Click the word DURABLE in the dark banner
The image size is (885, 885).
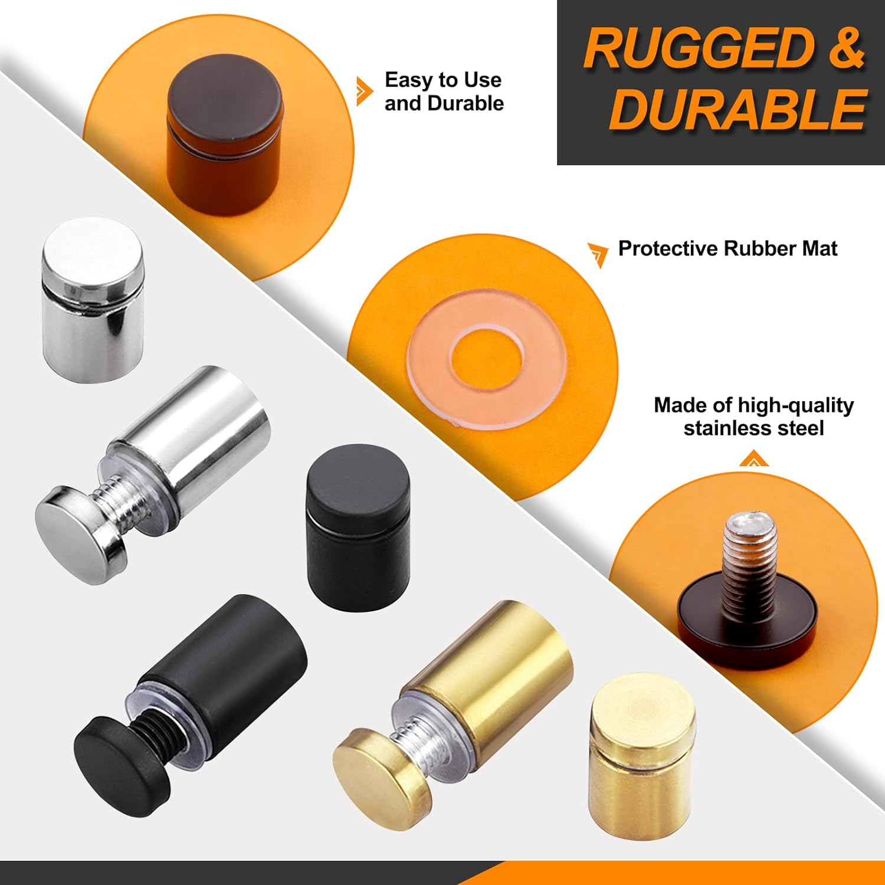click(737, 110)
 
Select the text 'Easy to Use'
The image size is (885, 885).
click(443, 80)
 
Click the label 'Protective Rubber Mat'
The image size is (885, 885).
click(727, 248)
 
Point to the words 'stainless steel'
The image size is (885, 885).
click(753, 428)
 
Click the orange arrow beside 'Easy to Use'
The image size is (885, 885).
click(365, 91)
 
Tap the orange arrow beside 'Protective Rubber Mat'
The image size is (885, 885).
click(598, 253)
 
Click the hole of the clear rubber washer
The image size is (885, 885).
click(486, 360)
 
